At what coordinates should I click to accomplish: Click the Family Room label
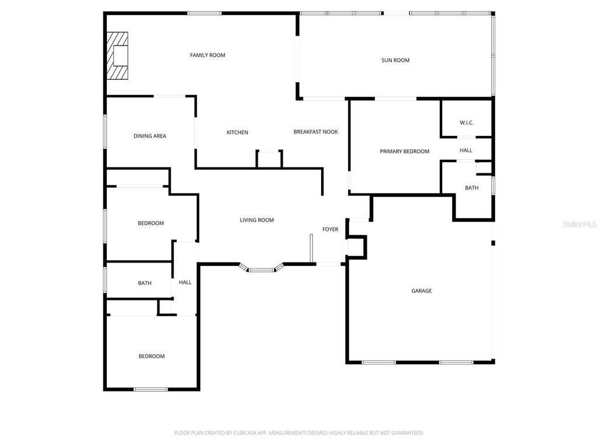point(207,55)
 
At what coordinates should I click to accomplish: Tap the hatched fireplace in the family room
point(117,56)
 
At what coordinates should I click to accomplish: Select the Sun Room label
point(395,60)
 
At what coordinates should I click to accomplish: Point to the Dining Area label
point(149,136)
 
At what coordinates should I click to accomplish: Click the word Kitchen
point(237,132)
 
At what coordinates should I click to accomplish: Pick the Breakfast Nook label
point(315,132)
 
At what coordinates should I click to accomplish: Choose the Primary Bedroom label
point(404,151)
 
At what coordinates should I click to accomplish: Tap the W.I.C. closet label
point(466,123)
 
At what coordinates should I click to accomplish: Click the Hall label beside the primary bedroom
point(465,150)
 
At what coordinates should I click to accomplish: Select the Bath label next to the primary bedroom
point(471,188)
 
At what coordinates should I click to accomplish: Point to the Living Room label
point(256,220)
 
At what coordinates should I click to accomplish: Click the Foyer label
point(330,229)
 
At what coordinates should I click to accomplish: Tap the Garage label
point(421,290)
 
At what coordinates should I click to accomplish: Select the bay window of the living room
point(261,269)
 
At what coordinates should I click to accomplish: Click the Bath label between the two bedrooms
point(144,283)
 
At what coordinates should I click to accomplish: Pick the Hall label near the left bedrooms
point(185,282)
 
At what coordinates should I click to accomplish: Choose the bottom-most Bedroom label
point(151,356)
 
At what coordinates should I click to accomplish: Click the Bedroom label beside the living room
point(151,223)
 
